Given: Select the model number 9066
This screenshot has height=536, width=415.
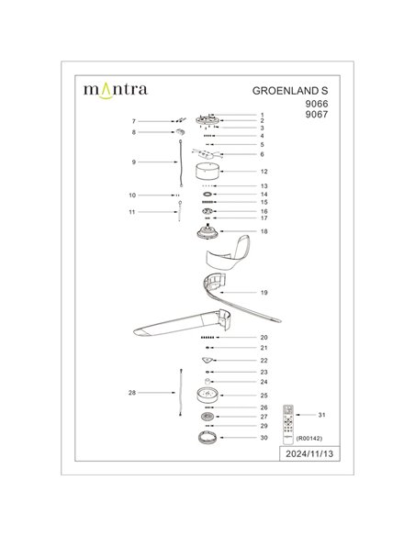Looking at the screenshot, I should point(316,105).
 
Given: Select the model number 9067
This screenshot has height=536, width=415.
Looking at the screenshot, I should point(316,117).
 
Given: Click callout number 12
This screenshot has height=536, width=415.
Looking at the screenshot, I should point(263,172).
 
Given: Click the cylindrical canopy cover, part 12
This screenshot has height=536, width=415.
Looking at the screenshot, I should point(207,172).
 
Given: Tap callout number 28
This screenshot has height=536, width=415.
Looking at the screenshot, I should point(133,392).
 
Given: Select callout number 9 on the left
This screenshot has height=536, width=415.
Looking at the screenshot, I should point(134,162).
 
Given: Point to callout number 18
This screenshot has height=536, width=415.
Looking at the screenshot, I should point(264,232).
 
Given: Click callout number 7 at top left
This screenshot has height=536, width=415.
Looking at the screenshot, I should point(134,121).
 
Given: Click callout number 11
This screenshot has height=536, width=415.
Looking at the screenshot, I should point(133,211).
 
